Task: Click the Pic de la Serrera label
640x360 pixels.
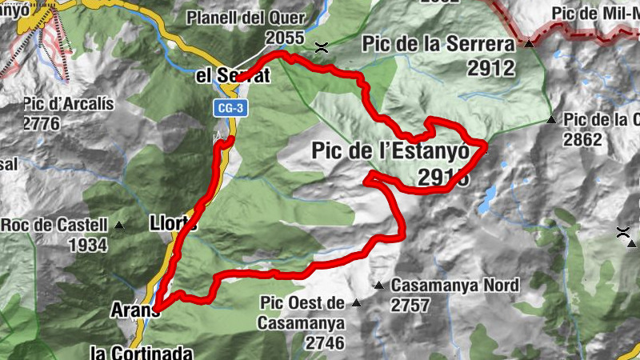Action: (x=438, y=43)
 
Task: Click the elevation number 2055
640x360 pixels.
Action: (x=286, y=38)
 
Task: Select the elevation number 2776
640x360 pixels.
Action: (x=42, y=123)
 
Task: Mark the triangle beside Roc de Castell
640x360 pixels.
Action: (x=119, y=225)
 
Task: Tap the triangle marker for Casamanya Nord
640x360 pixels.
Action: (x=379, y=285)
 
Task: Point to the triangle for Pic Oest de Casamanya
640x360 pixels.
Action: (x=356, y=303)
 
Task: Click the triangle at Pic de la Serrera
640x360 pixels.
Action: (x=529, y=43)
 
